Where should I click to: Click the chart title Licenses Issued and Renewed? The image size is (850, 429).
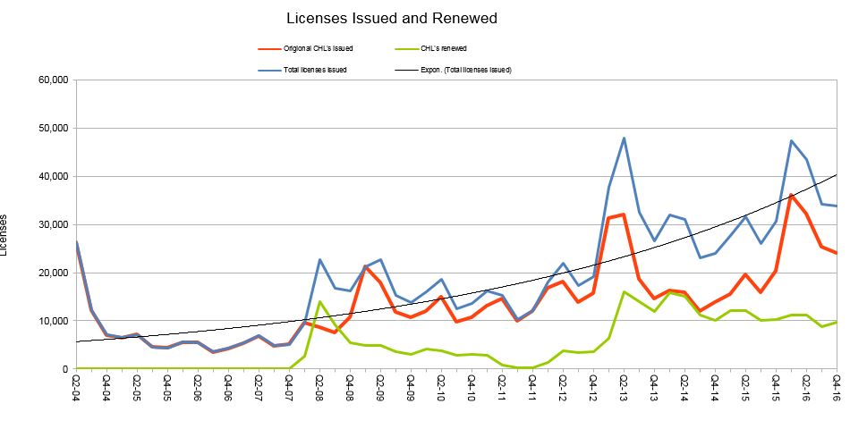point(392,18)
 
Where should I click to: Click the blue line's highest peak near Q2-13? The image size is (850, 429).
point(624,138)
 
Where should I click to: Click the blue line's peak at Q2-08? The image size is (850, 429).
point(319,259)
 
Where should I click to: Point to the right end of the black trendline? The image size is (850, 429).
point(837,174)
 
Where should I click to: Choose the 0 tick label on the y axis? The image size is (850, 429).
point(64,369)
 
